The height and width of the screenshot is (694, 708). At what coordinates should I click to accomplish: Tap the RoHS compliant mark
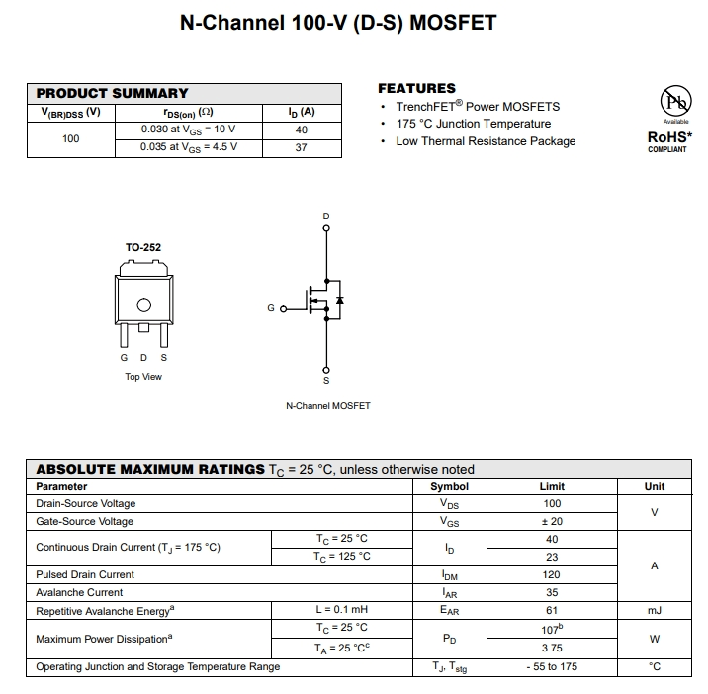667,139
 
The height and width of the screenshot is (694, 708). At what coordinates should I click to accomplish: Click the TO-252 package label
143,247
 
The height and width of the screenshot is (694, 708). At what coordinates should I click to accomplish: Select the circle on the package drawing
143,305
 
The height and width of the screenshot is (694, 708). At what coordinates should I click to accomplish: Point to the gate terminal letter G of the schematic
271,309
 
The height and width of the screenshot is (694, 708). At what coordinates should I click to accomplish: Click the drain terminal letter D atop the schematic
327,217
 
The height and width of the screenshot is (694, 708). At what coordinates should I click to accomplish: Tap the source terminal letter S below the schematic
327,380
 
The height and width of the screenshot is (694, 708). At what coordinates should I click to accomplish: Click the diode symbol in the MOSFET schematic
339,299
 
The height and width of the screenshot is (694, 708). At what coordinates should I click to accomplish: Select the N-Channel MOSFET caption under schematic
327,406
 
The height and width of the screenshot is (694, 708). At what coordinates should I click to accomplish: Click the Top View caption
143,377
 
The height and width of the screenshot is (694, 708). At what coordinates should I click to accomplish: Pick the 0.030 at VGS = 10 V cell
188,130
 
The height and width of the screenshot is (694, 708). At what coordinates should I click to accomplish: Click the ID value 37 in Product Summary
302,147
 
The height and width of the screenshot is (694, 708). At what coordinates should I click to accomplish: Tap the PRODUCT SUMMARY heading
112,93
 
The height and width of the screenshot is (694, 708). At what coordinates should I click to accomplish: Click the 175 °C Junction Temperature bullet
473,124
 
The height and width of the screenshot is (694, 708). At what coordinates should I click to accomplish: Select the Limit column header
552,486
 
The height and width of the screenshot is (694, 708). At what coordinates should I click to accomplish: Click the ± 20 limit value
552,521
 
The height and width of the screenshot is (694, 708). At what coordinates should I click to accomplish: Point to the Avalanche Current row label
79,592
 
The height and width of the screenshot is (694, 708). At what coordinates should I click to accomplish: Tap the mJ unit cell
655,610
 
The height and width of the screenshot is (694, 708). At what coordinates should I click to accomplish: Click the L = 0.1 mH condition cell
341,610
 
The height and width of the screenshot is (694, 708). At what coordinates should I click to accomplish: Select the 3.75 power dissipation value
552,649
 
